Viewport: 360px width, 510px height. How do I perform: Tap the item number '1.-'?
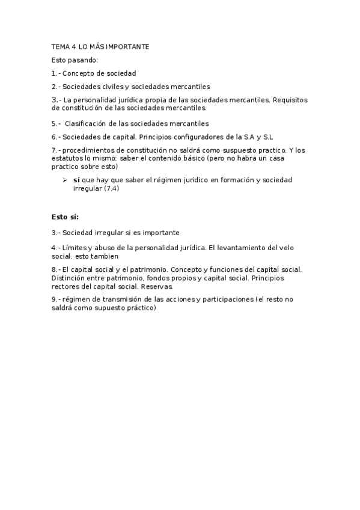coord(56,73)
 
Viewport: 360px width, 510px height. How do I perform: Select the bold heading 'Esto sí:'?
coord(65,217)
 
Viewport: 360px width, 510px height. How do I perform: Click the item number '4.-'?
coord(56,247)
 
